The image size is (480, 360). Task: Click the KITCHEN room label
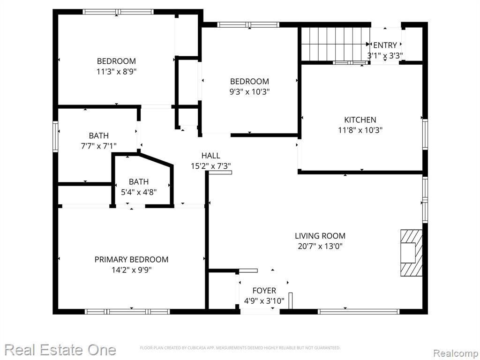(x=360, y=120)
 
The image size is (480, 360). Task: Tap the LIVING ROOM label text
(x=320, y=236)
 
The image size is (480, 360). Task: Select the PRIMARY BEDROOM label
(x=131, y=260)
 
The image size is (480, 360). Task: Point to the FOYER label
(x=264, y=291)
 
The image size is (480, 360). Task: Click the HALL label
(x=210, y=156)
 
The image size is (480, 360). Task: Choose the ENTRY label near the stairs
(x=385, y=45)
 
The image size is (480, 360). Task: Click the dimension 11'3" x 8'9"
(x=116, y=72)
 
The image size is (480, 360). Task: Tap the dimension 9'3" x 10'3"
(x=249, y=92)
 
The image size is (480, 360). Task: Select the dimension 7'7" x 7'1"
(x=98, y=146)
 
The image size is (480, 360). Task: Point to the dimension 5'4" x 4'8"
(x=139, y=192)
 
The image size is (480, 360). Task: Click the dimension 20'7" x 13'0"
(x=320, y=246)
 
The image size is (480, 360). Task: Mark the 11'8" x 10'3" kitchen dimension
(x=360, y=130)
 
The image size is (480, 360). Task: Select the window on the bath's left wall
(x=55, y=136)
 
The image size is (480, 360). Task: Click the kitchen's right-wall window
(x=425, y=135)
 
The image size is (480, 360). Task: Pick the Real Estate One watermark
(x=60, y=350)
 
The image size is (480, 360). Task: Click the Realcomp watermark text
(x=456, y=353)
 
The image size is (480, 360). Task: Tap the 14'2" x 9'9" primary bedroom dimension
(x=131, y=270)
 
